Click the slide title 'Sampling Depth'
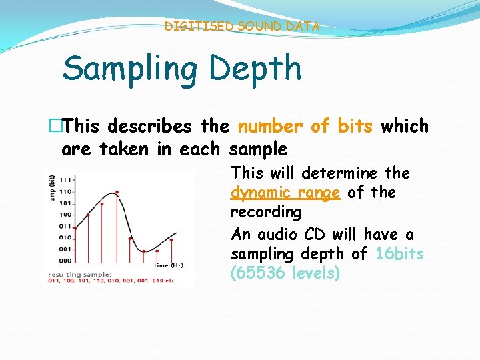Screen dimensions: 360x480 point(181,69)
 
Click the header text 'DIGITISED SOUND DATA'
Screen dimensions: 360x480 point(242,27)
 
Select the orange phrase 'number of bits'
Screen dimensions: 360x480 point(305,126)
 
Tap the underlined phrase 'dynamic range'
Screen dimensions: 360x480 point(285,193)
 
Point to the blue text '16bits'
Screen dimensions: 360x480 point(399,254)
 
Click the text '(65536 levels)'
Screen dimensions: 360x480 point(285,273)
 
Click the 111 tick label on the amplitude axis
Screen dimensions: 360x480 point(65,180)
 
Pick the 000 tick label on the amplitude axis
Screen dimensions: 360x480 point(65,260)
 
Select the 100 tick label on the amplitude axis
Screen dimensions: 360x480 point(65,214)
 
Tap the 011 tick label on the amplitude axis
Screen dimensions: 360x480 point(65,226)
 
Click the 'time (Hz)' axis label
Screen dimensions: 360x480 point(169,265)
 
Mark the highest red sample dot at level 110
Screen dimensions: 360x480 point(117,192)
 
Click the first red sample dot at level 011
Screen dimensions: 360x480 point(75,228)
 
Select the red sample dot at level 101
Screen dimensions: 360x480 point(102,203)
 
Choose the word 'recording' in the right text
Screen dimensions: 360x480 point(266,212)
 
